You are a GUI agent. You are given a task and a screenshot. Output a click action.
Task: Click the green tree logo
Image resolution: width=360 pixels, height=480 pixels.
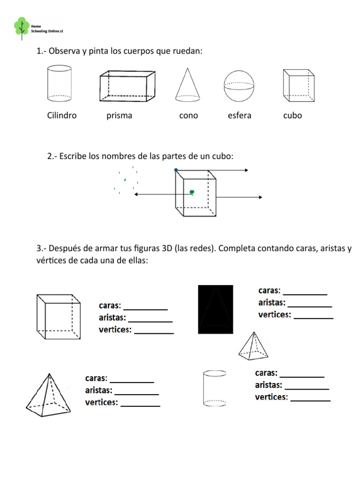(x=21, y=26)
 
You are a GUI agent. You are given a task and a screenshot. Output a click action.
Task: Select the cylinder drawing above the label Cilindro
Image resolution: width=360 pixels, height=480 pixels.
(x=60, y=83)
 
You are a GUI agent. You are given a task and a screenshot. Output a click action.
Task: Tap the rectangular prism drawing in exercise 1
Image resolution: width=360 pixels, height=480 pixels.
(x=127, y=86)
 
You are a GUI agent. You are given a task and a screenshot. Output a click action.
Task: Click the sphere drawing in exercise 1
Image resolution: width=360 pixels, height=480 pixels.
(x=238, y=86)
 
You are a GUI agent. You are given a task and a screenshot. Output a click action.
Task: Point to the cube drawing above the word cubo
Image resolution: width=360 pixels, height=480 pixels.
(x=299, y=85)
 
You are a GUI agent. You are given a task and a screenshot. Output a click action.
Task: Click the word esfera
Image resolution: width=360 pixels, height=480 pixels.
(x=239, y=116)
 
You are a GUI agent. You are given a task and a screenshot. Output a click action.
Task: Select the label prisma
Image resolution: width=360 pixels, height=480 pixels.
(x=119, y=116)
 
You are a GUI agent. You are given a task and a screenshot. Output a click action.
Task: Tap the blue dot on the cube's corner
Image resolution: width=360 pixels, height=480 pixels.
(x=176, y=170)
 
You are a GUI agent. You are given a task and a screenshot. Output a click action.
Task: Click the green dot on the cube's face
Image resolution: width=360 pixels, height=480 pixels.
(x=192, y=192)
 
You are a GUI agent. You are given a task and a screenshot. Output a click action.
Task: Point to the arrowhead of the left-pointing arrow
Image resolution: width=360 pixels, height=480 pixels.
(x=136, y=194)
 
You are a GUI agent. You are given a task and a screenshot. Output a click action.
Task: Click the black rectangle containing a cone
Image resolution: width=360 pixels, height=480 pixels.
(x=215, y=309)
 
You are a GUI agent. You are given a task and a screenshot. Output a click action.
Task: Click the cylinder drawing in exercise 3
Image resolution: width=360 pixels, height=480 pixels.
(x=215, y=388)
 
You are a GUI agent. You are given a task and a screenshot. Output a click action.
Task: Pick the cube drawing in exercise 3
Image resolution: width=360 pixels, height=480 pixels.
(x=60, y=317)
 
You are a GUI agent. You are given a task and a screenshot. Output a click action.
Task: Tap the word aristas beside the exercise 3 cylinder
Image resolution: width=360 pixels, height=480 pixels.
(x=269, y=385)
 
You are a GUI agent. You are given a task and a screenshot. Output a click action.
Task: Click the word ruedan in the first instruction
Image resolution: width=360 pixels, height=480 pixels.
(x=187, y=51)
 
